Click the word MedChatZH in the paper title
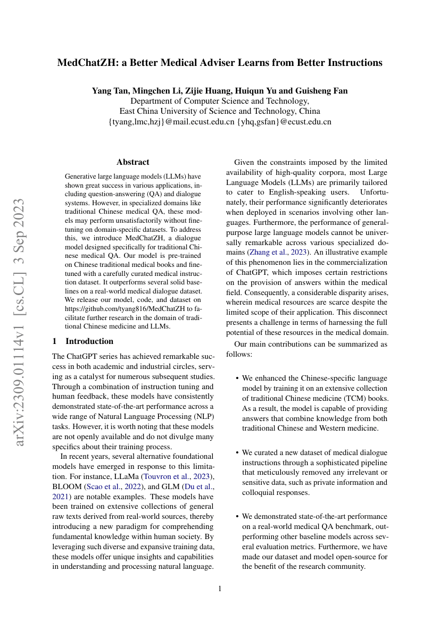pos(87,63)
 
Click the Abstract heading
pos(133,162)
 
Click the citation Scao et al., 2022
pos(106,486)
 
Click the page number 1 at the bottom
pos(220,589)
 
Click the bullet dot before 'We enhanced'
pos(237,379)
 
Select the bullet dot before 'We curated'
pos(237,452)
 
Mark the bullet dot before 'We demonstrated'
pos(237,516)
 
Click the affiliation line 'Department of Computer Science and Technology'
pos(220,101)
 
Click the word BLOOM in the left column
pos(67,486)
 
